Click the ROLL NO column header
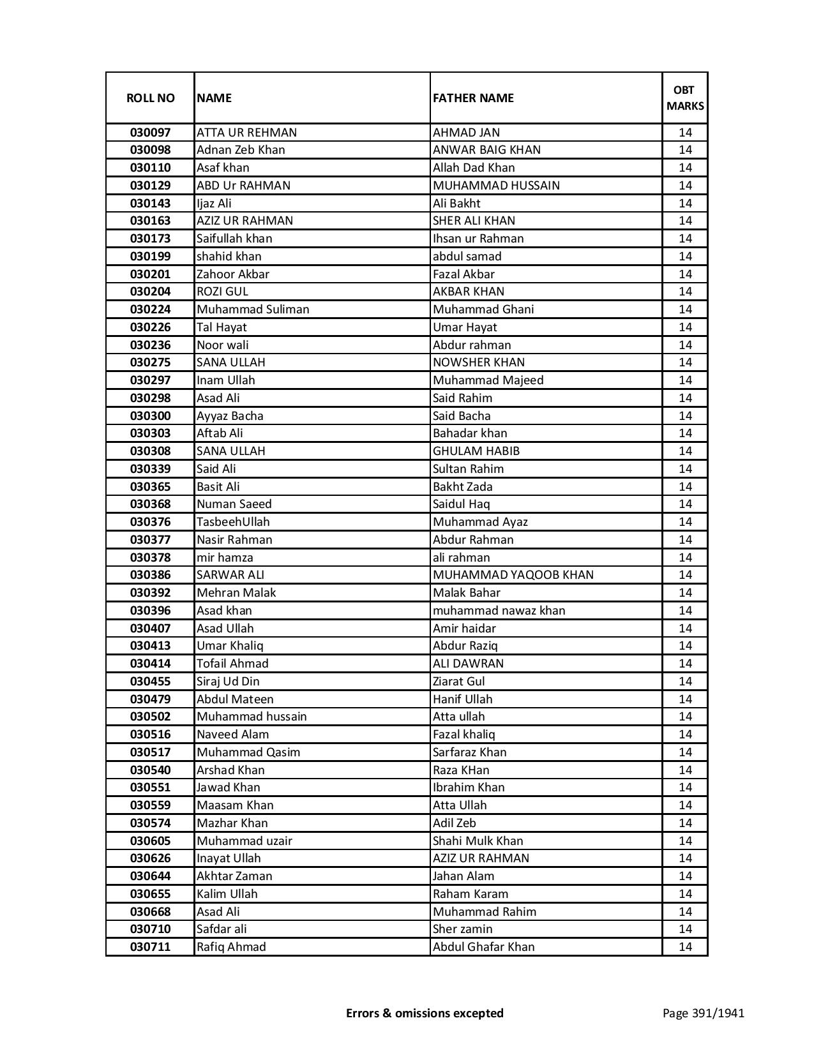pos(150,98)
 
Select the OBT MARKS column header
pos(684,98)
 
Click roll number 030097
pos(150,133)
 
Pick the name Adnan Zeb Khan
pos(241,150)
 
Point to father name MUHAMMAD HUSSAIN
pos(496,186)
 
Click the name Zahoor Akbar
pos(233,274)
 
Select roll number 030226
pos(150,327)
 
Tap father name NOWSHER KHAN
pos(479,362)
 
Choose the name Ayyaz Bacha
pos(230,416)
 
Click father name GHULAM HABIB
pos(476,451)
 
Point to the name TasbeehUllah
pos(233,522)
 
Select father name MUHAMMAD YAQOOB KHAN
pos(513,575)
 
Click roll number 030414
pos(150,664)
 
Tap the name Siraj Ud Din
pos(228,682)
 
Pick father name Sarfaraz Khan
pos(469,752)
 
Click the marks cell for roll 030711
pos(685,947)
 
